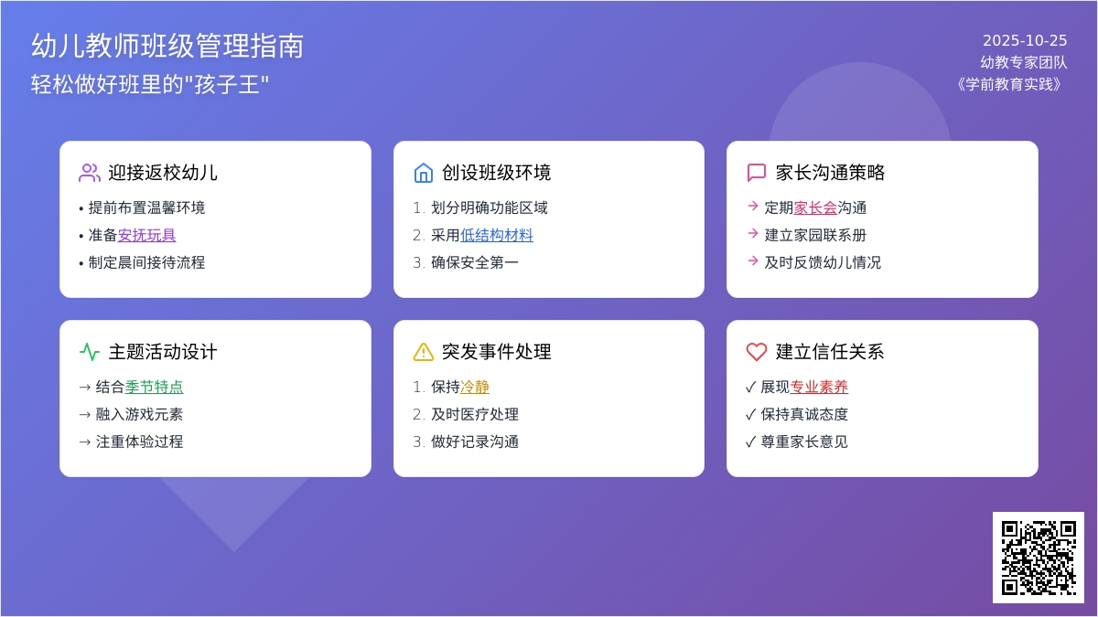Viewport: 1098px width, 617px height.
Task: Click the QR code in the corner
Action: tap(1038, 557)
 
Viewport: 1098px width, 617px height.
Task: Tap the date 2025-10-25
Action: tap(1025, 40)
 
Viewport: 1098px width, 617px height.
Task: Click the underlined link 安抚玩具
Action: tap(146, 235)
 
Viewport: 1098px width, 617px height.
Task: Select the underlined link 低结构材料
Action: tap(497, 235)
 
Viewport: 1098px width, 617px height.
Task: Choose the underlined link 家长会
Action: tap(815, 207)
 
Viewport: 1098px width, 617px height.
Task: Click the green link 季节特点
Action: tap(154, 387)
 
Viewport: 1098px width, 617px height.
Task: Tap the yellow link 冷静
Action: tap(475, 387)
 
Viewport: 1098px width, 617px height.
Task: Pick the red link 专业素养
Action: tap(819, 387)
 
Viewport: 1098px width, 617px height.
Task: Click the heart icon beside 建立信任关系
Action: tap(757, 352)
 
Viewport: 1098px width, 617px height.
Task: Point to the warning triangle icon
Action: tap(423, 352)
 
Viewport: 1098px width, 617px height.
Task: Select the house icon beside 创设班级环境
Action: tap(423, 173)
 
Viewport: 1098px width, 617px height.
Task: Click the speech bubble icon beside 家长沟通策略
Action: tap(757, 173)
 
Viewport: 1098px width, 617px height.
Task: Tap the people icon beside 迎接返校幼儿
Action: tap(90, 173)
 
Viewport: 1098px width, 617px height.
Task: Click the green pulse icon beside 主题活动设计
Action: tap(90, 352)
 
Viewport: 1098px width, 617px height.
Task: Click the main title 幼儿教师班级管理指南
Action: tap(167, 46)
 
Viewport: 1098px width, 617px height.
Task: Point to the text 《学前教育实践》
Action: tap(1010, 84)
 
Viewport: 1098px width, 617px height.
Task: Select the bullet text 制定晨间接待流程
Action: tap(146, 262)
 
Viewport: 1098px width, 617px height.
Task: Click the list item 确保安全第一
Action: tap(475, 262)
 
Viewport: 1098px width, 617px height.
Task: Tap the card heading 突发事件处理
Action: tap(496, 352)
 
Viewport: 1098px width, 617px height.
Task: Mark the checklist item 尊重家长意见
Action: tap(804, 441)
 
